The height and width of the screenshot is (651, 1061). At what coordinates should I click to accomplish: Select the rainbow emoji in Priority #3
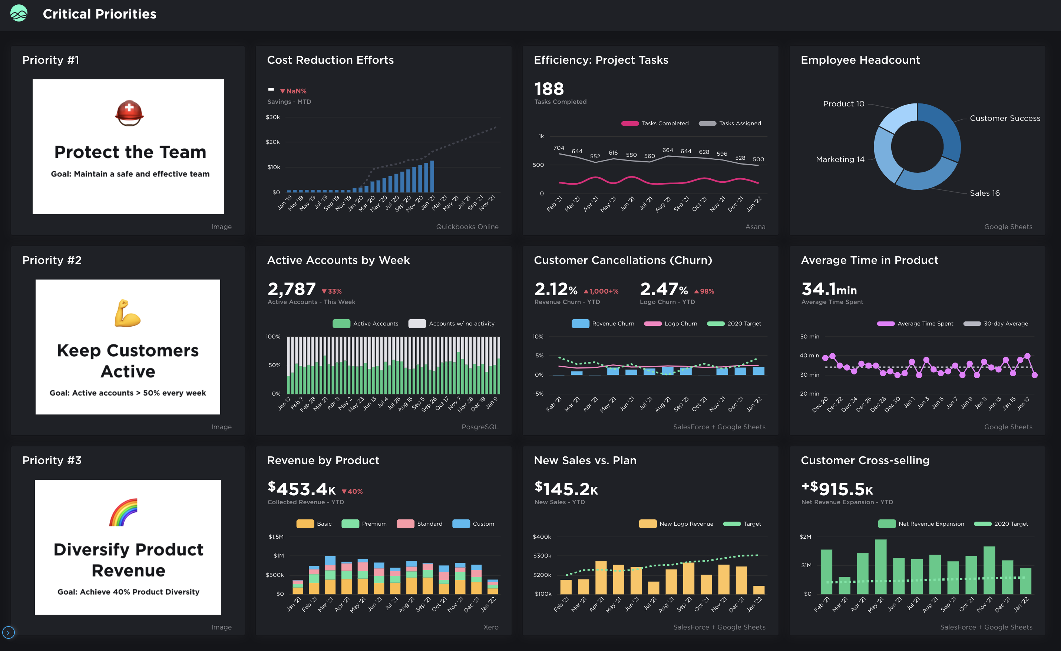coord(123,512)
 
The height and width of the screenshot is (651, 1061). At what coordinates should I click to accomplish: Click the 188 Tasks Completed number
coord(549,89)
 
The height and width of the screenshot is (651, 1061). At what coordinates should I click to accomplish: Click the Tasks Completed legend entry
coord(655,123)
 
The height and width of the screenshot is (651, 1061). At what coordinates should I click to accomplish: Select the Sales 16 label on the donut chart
coord(984,193)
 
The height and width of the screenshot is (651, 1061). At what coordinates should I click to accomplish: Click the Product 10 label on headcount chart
coord(843,104)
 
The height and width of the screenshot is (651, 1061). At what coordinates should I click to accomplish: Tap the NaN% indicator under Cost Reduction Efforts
coord(294,91)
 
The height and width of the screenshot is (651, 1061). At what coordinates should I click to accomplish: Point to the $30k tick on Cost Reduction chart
coord(272,117)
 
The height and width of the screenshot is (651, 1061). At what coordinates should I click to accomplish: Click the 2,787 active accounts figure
coord(291,289)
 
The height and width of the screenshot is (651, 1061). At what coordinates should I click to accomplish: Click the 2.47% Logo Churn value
coord(664,289)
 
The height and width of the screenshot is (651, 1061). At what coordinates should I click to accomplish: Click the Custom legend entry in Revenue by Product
coord(473,524)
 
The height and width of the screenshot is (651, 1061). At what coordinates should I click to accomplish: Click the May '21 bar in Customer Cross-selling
coord(880,566)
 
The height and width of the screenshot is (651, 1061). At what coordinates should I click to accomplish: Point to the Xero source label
coord(490,627)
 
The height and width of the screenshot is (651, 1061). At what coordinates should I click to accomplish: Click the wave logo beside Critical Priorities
coord(19,13)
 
